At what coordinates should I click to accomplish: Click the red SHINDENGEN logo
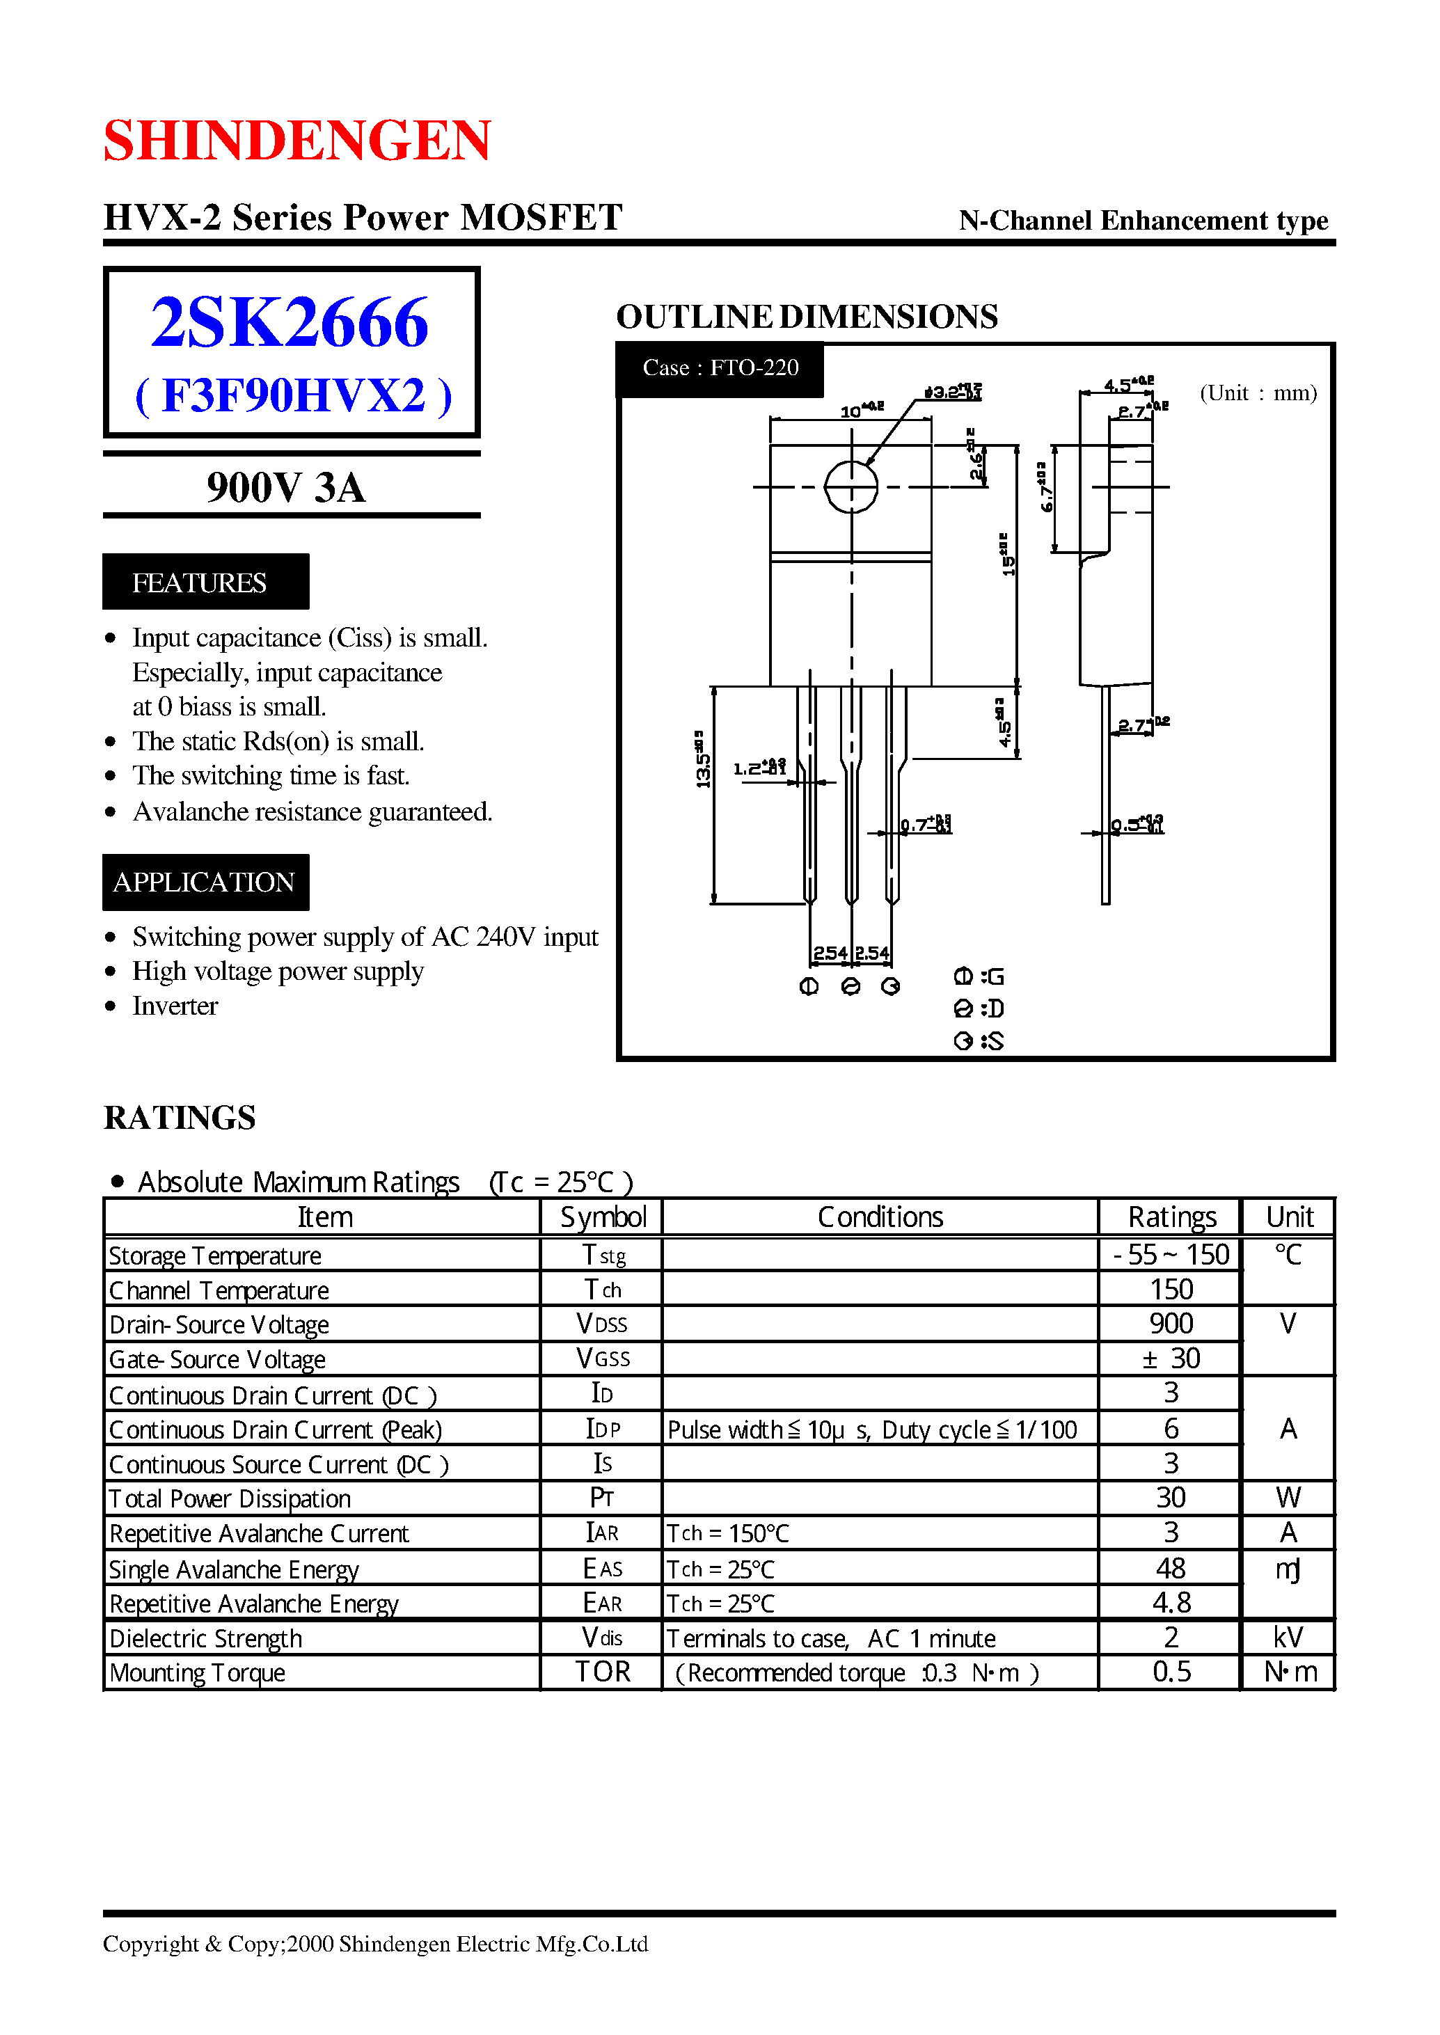297,140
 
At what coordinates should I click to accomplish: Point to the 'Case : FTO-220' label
720,368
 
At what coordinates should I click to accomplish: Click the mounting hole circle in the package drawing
850,486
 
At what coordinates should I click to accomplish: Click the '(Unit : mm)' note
1258,393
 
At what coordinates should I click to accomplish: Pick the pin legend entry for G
979,976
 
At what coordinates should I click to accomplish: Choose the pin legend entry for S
979,1041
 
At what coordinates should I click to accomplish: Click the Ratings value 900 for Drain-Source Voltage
1171,1324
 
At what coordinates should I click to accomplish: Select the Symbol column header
603,1217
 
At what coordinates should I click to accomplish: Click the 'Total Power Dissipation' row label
230,1498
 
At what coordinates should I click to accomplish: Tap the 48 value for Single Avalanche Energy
1171,1569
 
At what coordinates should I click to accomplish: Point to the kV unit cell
1288,1638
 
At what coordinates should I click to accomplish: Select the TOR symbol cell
603,1672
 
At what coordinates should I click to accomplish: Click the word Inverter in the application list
175,1006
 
